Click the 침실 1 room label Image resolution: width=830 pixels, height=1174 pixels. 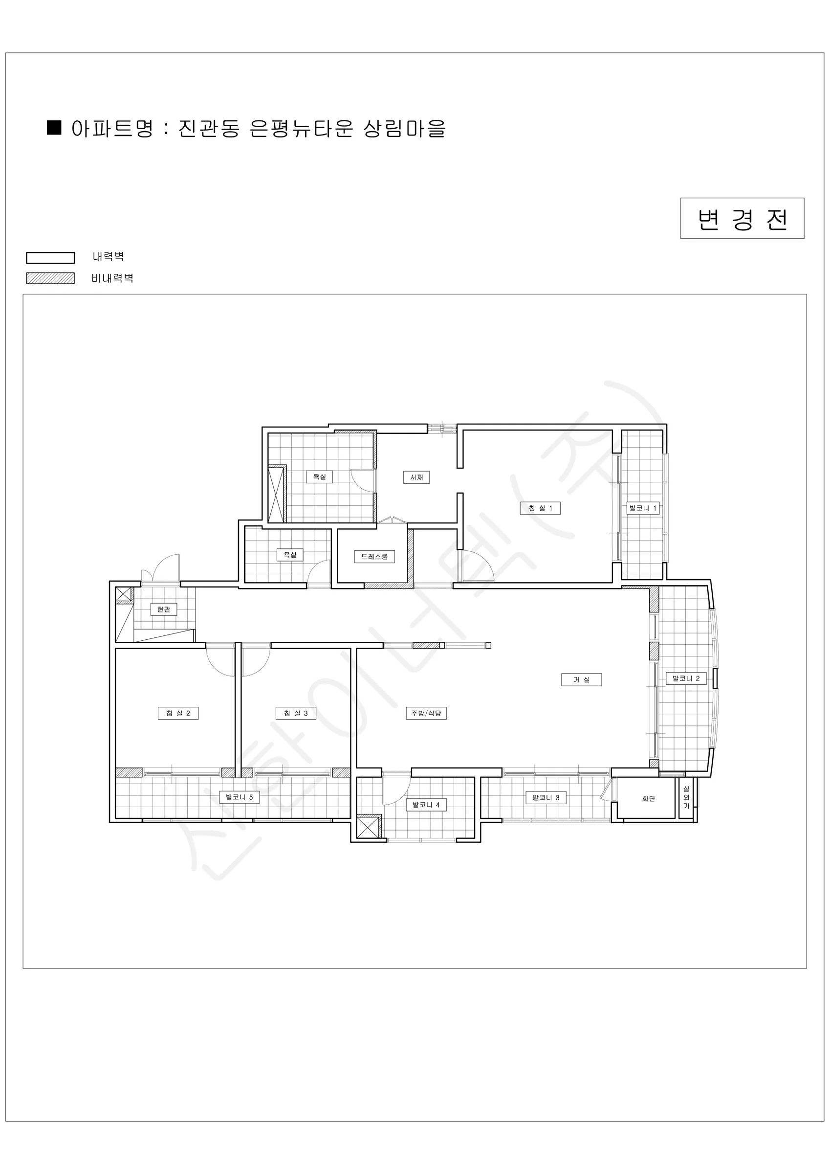tap(540, 508)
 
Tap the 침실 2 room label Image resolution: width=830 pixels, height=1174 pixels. tap(178, 713)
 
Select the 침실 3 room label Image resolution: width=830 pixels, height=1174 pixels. tap(296, 713)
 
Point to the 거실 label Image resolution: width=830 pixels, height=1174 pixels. tap(582, 679)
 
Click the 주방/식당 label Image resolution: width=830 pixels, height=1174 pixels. tap(426, 713)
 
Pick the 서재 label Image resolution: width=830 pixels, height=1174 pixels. tap(416, 477)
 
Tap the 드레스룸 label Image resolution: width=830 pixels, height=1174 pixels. tap(374, 556)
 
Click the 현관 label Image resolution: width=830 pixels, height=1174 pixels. tap(164, 610)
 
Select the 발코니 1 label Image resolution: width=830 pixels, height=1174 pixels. tap(643, 508)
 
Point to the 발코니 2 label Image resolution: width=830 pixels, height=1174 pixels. tap(686, 678)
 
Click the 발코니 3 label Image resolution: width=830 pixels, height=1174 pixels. tap(546, 798)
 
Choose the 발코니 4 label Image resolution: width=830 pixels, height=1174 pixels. tap(426, 805)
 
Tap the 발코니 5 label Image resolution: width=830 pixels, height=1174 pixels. tap(239, 797)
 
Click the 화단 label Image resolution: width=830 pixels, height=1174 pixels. tap(649, 799)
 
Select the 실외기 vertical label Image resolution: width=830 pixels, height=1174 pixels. tap(686, 798)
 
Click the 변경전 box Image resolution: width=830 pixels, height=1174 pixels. tap(742, 218)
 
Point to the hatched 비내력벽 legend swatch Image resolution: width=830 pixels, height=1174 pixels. tap(51, 278)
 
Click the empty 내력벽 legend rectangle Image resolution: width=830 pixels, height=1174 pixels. tap(51, 258)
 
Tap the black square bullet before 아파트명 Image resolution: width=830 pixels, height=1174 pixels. tap(54, 127)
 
